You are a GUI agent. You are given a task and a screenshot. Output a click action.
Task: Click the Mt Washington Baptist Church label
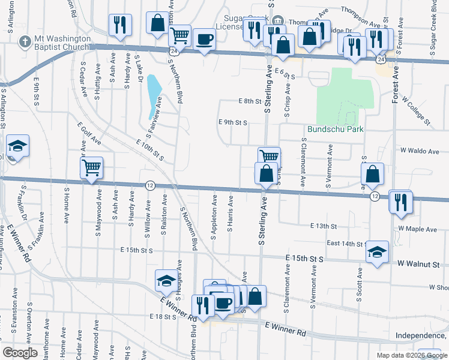[x=62, y=41]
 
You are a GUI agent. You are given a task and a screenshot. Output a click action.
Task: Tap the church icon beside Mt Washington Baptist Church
[x=25, y=41]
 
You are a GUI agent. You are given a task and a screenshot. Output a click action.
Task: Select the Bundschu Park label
[x=336, y=129]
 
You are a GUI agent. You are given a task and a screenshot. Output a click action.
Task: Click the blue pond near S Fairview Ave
[x=154, y=96]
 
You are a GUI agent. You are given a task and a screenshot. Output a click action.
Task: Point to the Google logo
[x=20, y=353]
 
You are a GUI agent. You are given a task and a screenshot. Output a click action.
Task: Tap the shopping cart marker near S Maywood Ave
[x=92, y=167]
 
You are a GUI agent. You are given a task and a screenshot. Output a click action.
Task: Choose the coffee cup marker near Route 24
[x=204, y=39]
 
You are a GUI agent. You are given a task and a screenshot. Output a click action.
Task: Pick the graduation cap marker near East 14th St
[x=377, y=252]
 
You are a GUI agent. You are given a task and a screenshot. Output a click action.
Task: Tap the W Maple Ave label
[x=418, y=229]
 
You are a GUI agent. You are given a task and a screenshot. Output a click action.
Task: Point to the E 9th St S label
[x=233, y=122]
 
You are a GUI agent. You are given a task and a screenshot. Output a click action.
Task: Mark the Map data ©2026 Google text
[x=412, y=355]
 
